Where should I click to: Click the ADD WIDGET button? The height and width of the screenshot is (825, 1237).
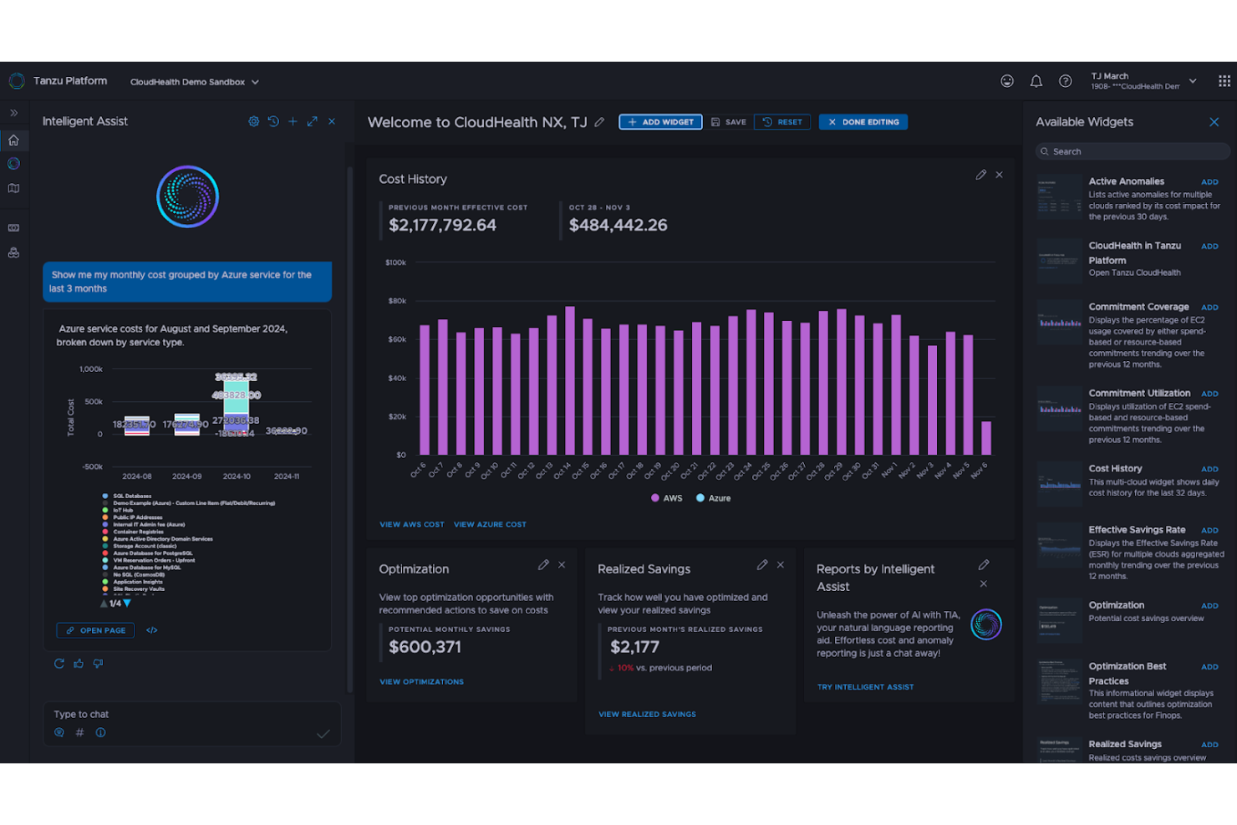click(x=660, y=122)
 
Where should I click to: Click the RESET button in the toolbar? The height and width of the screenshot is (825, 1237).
click(x=782, y=122)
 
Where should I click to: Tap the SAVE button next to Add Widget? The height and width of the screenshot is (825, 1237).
click(x=728, y=122)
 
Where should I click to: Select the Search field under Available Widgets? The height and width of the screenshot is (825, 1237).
click(x=1133, y=151)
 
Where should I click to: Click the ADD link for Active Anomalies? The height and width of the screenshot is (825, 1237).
click(x=1209, y=182)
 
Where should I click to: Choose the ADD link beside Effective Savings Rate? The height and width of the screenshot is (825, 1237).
click(x=1209, y=531)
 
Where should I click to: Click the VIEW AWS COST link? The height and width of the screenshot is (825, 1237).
click(x=411, y=525)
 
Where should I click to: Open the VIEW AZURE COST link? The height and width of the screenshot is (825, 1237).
click(x=490, y=525)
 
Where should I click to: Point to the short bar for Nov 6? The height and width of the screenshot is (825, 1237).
click(x=986, y=438)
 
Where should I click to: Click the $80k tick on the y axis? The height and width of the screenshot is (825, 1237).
click(x=396, y=301)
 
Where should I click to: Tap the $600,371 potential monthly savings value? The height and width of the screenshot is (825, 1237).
click(x=425, y=647)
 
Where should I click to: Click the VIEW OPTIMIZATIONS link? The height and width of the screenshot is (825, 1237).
click(x=421, y=682)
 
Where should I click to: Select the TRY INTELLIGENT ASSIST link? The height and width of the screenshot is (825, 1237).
click(x=865, y=687)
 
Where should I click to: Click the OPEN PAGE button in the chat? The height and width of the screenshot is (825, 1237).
click(x=95, y=630)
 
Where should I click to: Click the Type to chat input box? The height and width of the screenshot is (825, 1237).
click(x=180, y=715)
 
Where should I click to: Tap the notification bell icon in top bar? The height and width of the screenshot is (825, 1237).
click(x=1036, y=81)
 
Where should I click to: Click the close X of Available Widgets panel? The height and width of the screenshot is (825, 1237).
click(x=1214, y=122)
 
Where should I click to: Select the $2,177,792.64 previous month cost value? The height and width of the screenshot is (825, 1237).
click(x=442, y=226)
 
